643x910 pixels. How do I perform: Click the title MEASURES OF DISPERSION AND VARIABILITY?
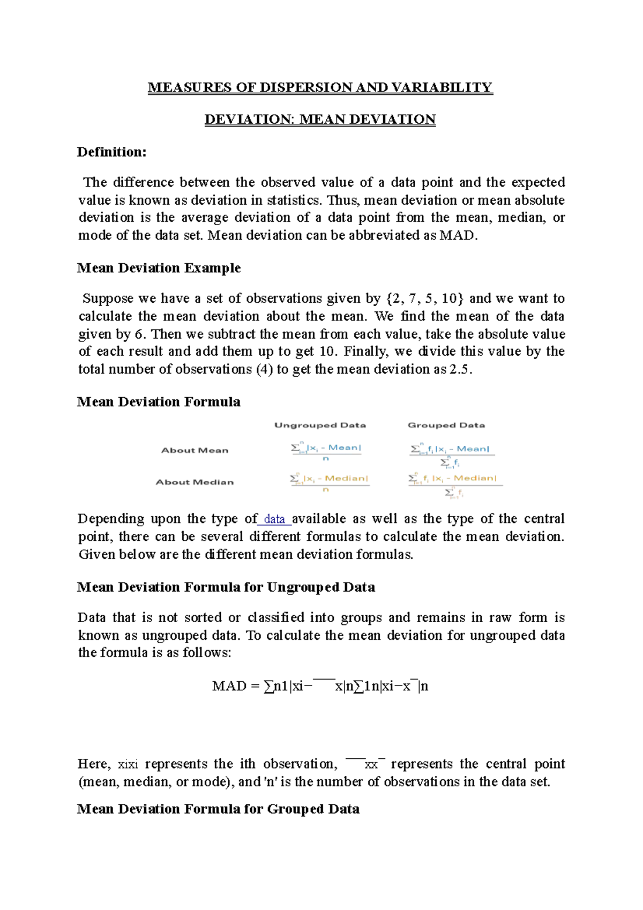(x=320, y=87)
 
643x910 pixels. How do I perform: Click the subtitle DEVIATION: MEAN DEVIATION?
(x=320, y=120)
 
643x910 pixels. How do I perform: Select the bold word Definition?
(x=111, y=152)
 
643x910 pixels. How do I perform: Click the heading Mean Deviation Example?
(x=159, y=268)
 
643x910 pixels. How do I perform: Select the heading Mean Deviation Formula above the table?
(x=159, y=402)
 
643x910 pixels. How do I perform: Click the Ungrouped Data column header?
(x=320, y=425)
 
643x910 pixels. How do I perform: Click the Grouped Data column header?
(x=446, y=425)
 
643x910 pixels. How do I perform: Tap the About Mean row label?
(x=195, y=450)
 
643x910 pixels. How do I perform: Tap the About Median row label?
(x=195, y=482)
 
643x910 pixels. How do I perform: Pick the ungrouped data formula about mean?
(x=326, y=452)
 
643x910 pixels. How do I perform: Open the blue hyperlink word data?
(x=274, y=519)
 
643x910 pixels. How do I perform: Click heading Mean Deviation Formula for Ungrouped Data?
(x=226, y=587)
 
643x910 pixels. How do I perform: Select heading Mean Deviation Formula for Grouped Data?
(x=218, y=809)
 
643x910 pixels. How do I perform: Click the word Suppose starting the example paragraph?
(x=108, y=299)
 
